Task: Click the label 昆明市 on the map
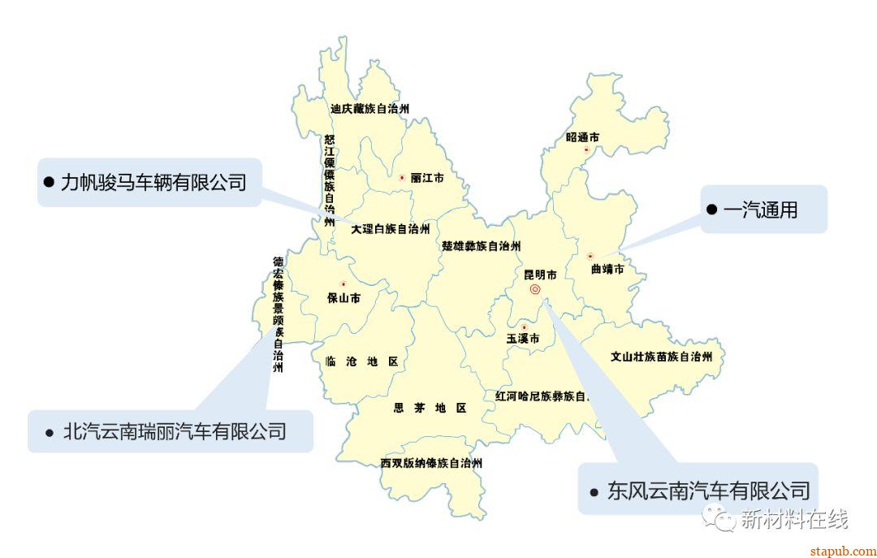click(540, 275)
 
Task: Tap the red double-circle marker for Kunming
click(535, 289)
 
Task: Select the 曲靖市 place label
click(607, 269)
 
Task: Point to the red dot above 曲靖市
click(590, 257)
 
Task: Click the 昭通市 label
click(582, 138)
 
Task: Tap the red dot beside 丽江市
click(401, 177)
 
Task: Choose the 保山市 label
click(343, 298)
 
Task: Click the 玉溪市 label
click(523, 339)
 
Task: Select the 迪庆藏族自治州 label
click(369, 108)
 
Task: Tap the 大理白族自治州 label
click(390, 230)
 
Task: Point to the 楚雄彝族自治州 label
click(481, 246)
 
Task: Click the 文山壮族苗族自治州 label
click(661, 357)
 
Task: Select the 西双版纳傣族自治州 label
click(431, 464)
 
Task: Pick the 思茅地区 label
click(430, 408)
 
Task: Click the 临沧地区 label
click(361, 361)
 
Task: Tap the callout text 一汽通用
click(760, 210)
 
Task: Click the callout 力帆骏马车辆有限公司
click(153, 182)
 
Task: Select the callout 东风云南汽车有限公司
click(708, 491)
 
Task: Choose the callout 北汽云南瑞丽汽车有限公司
click(175, 431)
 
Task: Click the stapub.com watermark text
click(843, 551)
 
